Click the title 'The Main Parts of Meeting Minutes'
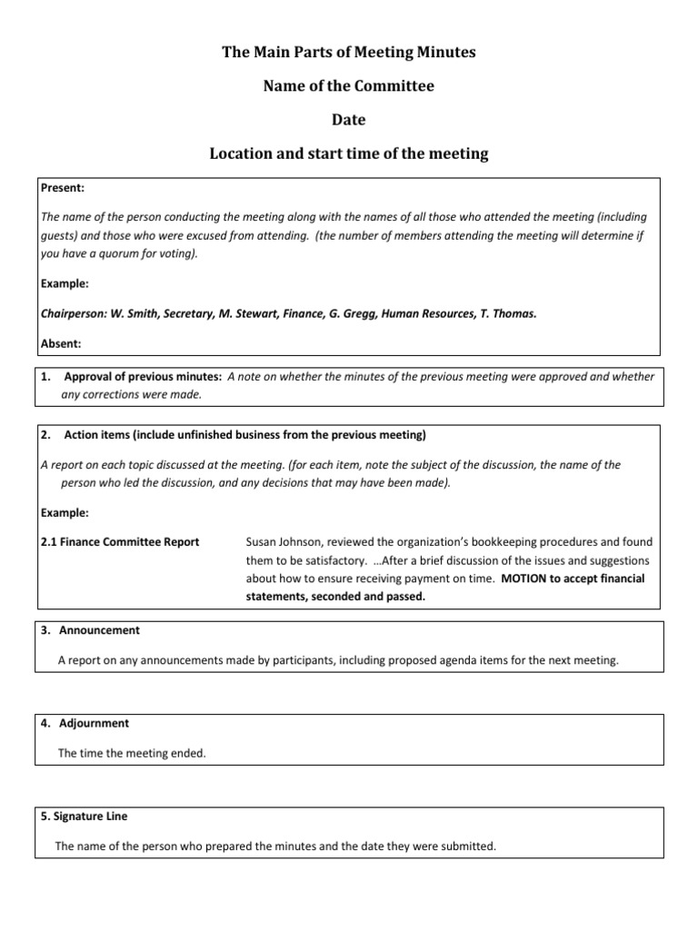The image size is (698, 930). pyautogui.click(x=349, y=53)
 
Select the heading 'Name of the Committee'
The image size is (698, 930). pyautogui.click(x=349, y=86)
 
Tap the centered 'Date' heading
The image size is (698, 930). pyautogui.click(x=349, y=120)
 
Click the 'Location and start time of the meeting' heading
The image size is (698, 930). pyautogui.click(x=349, y=153)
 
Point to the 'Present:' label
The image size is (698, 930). pyautogui.click(x=63, y=188)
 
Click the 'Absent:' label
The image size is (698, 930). pyautogui.click(x=61, y=344)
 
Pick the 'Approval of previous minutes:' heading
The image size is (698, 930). pyautogui.click(x=143, y=377)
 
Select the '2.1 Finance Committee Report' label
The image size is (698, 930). pyautogui.click(x=120, y=542)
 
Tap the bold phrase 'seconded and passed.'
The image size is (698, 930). pyautogui.click(x=367, y=597)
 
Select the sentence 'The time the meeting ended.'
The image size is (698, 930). pyautogui.click(x=133, y=753)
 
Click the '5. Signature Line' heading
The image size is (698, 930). pyautogui.click(x=90, y=816)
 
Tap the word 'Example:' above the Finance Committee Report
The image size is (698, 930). pyautogui.click(x=65, y=513)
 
